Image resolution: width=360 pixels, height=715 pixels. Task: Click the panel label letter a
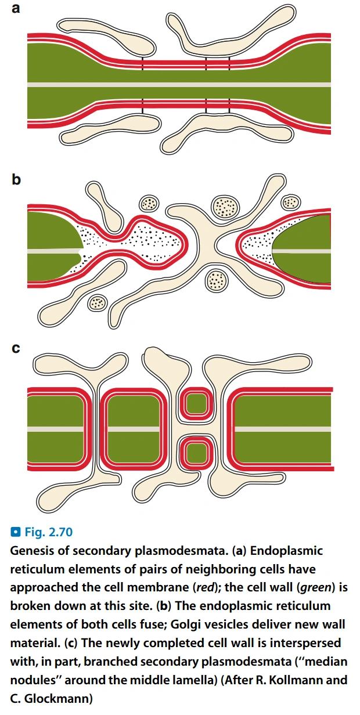15,8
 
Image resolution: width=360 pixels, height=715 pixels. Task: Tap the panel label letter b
16,179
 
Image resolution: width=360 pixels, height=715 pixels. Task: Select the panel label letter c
16,348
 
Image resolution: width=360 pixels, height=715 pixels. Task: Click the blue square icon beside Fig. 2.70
15,532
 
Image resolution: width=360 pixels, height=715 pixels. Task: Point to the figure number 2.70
61,532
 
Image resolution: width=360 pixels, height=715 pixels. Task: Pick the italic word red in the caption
203,587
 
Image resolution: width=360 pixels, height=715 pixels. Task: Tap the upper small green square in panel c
197,404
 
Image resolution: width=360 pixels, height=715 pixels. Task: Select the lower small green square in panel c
197,453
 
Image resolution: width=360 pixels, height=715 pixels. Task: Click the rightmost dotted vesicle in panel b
290,202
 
